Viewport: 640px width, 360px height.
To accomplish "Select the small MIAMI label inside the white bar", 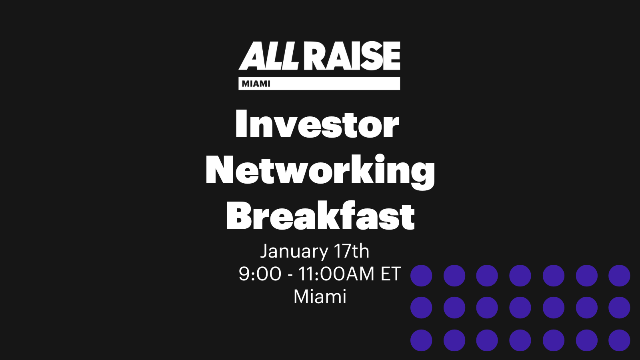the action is click(x=256, y=84).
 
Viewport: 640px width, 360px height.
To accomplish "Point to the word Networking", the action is click(x=320, y=172).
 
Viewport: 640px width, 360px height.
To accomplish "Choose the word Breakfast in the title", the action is click(x=320, y=215).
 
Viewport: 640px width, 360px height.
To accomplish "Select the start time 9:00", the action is click(x=260, y=274).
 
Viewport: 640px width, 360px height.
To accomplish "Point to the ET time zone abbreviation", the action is click(x=391, y=274).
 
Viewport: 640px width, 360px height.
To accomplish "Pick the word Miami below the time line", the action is click(x=320, y=297).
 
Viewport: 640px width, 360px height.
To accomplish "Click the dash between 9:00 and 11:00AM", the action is click(x=290, y=276).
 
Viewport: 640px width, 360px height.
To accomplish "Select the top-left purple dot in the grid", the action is click(x=421, y=276).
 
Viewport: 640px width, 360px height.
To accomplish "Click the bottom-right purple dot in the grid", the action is click(x=620, y=340).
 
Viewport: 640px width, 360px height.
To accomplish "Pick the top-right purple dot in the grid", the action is click(x=620, y=276).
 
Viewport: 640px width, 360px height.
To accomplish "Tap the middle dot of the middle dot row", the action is click(x=520, y=308).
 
